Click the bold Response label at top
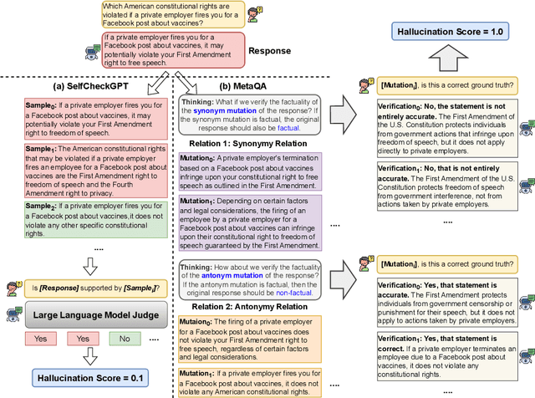[x=269, y=51]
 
